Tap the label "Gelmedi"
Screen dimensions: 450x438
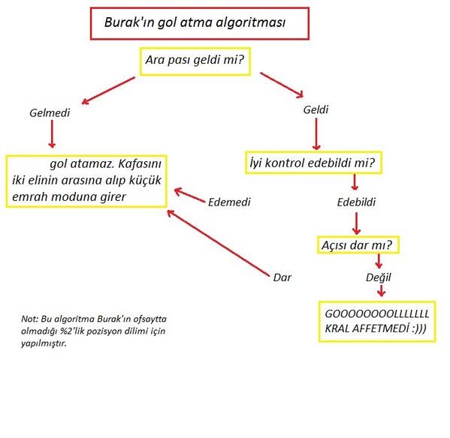(x=50, y=112)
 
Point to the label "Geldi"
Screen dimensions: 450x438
(x=316, y=109)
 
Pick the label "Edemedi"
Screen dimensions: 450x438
(x=229, y=202)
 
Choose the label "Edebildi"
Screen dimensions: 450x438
(x=356, y=202)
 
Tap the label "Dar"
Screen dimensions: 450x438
(x=282, y=277)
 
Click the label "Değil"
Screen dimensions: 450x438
(x=378, y=277)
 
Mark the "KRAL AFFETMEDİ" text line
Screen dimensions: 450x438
(x=376, y=328)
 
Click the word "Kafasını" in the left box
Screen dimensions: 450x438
(x=140, y=163)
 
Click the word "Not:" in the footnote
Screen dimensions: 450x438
(x=29, y=319)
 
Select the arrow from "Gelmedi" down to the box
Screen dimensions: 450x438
(x=52, y=133)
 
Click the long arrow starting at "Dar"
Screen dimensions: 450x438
(x=219, y=243)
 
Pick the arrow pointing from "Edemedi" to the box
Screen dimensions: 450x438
(x=190, y=195)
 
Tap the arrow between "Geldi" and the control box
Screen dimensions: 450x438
(x=316, y=133)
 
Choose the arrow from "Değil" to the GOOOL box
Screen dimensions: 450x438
(x=381, y=291)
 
